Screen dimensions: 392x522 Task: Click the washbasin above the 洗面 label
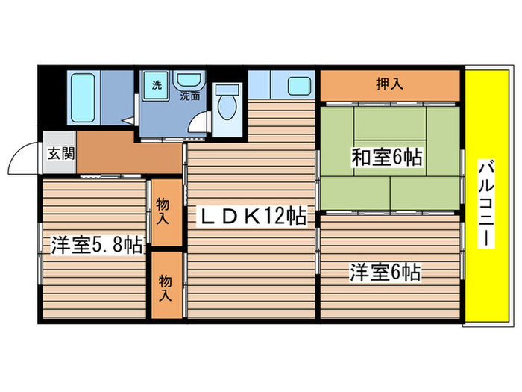click(187, 81)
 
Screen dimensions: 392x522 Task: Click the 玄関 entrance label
click(60, 155)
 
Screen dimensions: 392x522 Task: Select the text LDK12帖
click(251, 217)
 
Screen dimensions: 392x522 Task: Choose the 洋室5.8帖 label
click(96, 245)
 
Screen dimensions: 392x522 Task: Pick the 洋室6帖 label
click(385, 272)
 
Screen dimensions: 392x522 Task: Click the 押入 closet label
click(389, 84)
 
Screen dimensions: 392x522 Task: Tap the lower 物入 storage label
click(165, 286)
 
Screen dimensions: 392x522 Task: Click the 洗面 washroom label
click(190, 96)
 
